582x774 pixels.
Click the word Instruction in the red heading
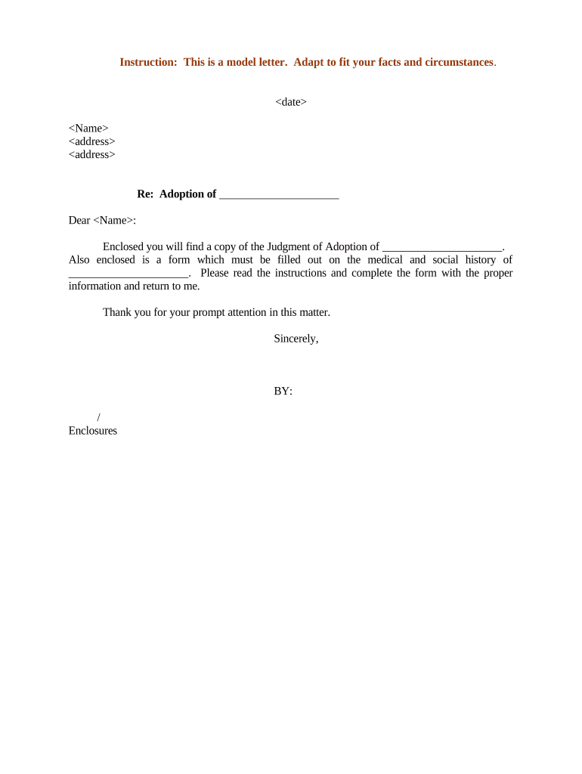click(148, 62)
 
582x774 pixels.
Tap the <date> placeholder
click(291, 102)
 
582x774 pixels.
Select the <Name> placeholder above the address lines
click(88, 128)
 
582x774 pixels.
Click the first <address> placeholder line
click(91, 141)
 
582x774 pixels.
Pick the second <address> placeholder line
click(91, 155)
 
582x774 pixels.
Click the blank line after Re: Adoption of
click(279, 195)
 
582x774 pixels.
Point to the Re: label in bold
click(145, 194)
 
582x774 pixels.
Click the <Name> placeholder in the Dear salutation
click(113, 221)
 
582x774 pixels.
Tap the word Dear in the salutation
click(79, 221)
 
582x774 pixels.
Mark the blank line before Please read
click(128, 274)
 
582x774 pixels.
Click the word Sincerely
click(296, 339)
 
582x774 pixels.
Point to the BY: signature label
click(283, 392)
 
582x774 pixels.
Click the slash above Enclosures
click(99, 417)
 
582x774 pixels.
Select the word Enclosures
click(93, 431)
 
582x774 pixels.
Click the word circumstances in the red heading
click(451, 62)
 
